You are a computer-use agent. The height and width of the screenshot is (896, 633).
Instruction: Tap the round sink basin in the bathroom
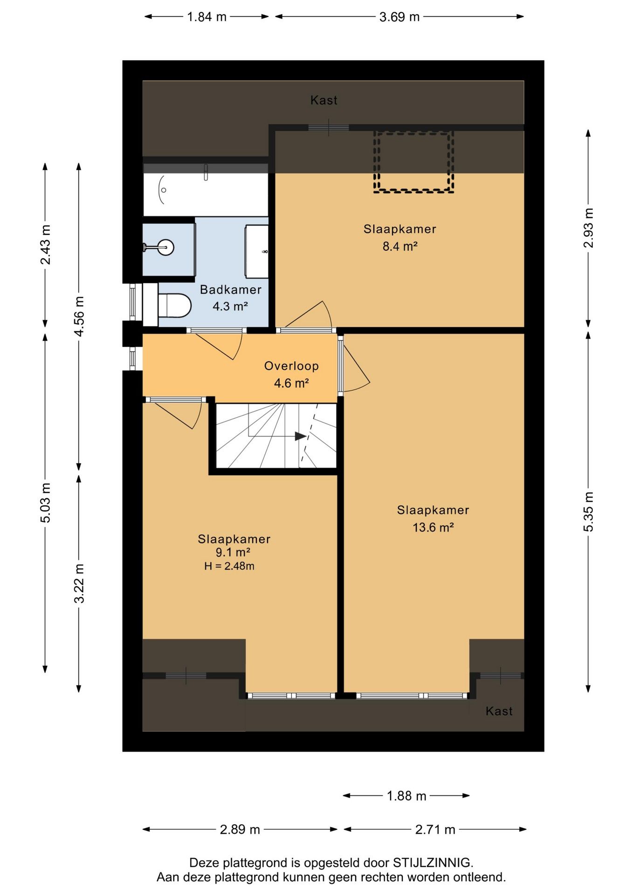pyautogui.click(x=165, y=247)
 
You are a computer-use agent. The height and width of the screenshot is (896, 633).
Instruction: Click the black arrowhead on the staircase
pyautogui.click(x=300, y=436)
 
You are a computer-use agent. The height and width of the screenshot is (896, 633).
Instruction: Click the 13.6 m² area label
pyautogui.click(x=433, y=527)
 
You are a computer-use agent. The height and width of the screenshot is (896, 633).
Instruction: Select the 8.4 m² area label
pyautogui.click(x=400, y=246)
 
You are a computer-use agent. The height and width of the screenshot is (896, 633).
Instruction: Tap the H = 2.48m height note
pyautogui.click(x=229, y=566)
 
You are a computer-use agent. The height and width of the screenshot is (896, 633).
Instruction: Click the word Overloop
pyautogui.click(x=291, y=366)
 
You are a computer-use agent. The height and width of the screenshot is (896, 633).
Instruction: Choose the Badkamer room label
pyautogui.click(x=231, y=289)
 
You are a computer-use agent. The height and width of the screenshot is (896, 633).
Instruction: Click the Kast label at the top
pyautogui.click(x=324, y=100)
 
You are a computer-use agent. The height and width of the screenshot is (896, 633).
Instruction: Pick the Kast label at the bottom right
pyautogui.click(x=499, y=711)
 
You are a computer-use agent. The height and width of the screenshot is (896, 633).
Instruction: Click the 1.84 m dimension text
pyautogui.click(x=206, y=17)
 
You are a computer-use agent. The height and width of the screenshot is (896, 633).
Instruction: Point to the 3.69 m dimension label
pyautogui.click(x=399, y=17)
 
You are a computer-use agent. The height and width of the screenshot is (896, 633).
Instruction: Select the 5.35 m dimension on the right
pyautogui.click(x=588, y=511)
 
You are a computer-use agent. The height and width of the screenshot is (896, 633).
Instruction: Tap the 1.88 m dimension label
pyautogui.click(x=406, y=796)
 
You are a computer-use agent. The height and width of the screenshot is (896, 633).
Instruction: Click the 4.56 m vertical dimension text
pyautogui.click(x=79, y=316)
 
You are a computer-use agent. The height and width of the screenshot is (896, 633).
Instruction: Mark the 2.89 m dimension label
pyautogui.click(x=240, y=829)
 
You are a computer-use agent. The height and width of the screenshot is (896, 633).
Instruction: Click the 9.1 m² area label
pyautogui.click(x=233, y=553)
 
